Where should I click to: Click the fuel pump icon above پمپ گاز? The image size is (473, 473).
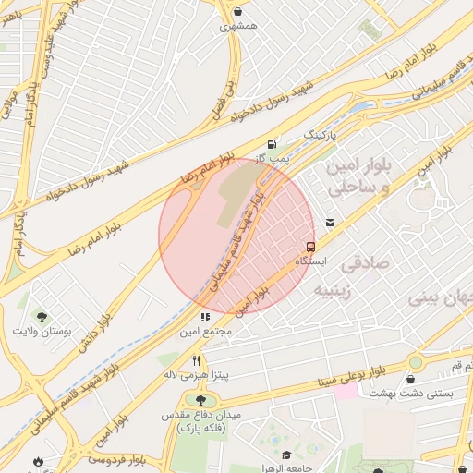(271, 144)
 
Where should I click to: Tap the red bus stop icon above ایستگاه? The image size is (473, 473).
(309, 247)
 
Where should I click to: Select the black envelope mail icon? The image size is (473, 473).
(330, 222)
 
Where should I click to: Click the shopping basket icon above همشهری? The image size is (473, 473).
(239, 12)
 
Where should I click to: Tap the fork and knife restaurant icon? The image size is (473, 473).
(196, 360)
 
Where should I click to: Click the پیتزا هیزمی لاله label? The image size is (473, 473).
(196, 376)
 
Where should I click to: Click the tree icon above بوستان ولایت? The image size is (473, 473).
(40, 316)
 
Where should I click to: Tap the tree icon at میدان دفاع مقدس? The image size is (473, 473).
(200, 399)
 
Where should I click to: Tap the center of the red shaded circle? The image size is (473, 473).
(237, 236)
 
